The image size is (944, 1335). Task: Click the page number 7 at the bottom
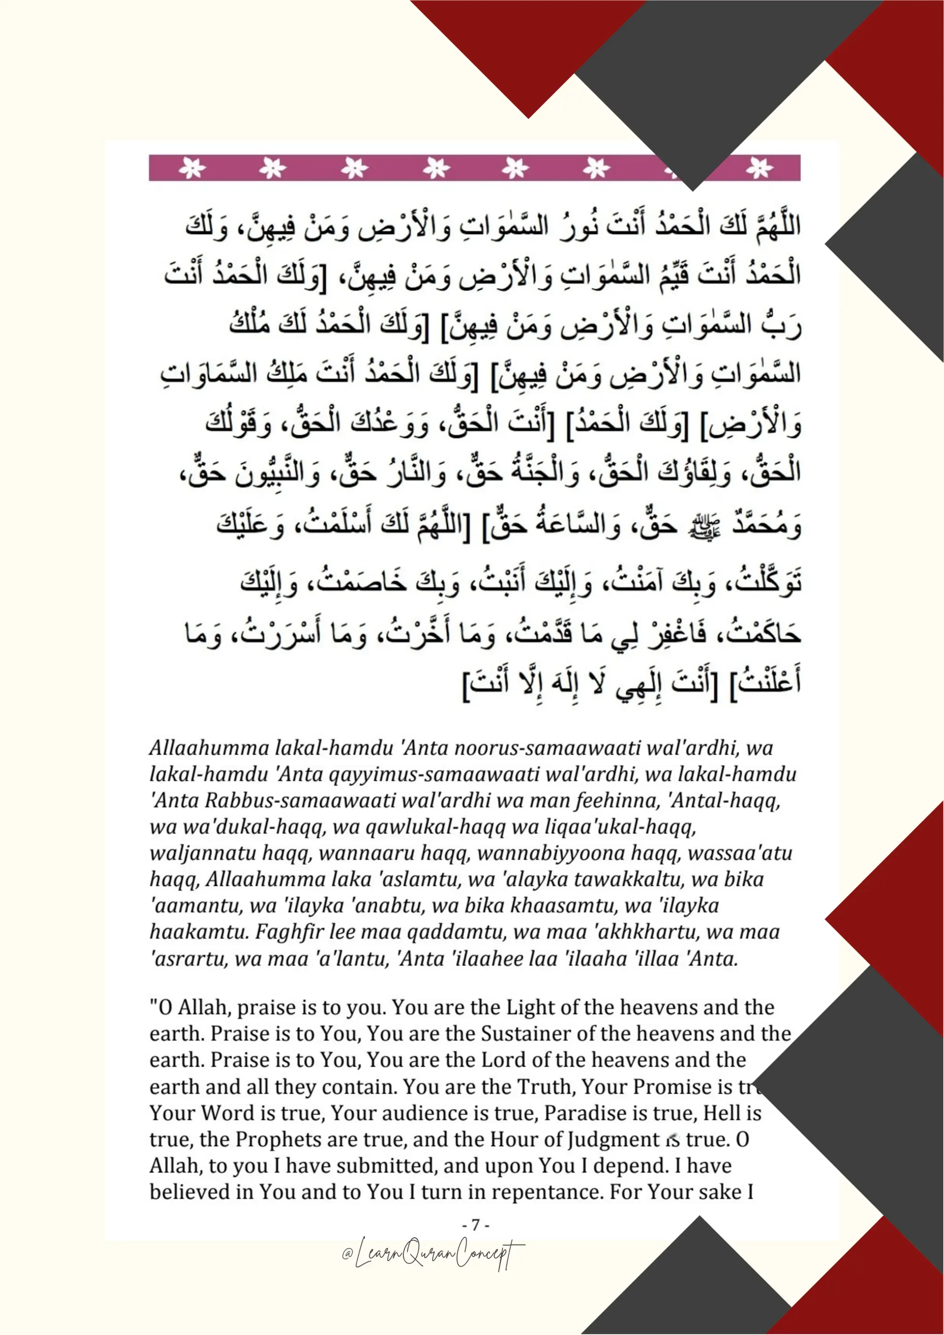[x=476, y=1225]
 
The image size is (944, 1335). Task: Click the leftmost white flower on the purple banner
[x=192, y=168]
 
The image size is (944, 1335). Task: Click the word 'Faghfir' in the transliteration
[x=291, y=932]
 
